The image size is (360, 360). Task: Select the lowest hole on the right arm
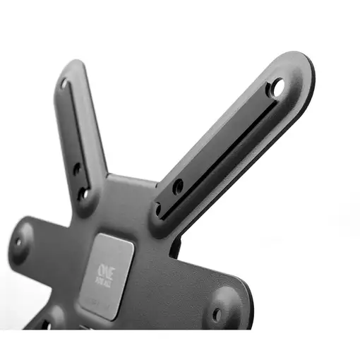(157, 209)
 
